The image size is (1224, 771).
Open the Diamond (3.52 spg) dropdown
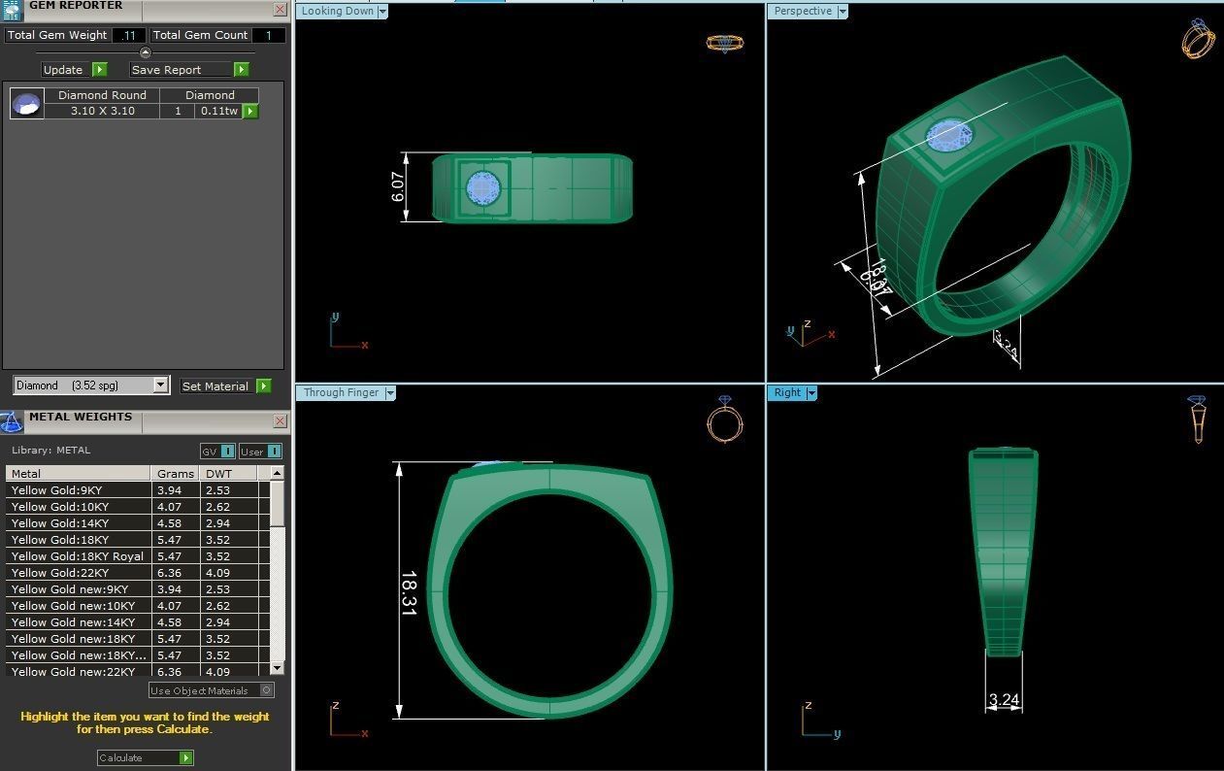pyautogui.click(x=160, y=385)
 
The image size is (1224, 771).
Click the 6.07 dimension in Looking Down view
pyautogui.click(x=398, y=186)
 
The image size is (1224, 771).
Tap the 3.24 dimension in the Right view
pyautogui.click(x=1003, y=699)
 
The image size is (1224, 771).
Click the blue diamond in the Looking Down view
pyautogui.click(x=482, y=187)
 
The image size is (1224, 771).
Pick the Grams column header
pyautogui.click(x=176, y=474)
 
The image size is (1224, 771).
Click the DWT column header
pyautogui.click(x=218, y=474)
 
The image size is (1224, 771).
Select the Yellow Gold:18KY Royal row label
pyautogui.click(x=78, y=556)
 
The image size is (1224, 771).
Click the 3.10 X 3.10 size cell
pyautogui.click(x=102, y=112)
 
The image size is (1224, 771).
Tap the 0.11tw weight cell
pyautogui.click(x=218, y=112)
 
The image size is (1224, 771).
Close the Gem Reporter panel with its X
pyautogui.click(x=280, y=10)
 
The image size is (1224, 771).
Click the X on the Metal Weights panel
pyautogui.click(x=280, y=420)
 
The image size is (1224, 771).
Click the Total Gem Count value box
pyautogui.click(x=268, y=35)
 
